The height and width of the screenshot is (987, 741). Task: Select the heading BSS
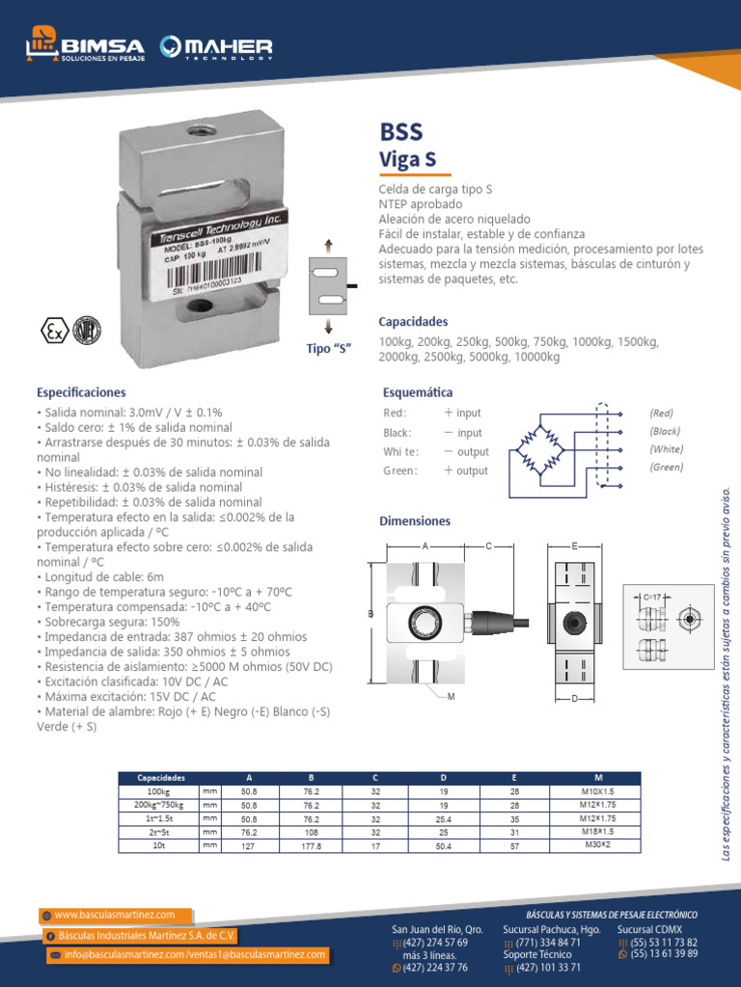(401, 131)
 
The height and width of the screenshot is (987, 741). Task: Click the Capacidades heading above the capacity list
(413, 321)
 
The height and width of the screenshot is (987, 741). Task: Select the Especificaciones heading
(81, 392)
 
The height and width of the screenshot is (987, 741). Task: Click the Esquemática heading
(418, 392)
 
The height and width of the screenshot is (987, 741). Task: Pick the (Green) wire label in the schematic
(666, 467)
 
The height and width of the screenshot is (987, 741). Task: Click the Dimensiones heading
(415, 520)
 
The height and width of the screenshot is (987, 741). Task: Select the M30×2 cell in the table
(598, 844)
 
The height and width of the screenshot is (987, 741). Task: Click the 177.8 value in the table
(312, 845)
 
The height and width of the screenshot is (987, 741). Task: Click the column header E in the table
(515, 777)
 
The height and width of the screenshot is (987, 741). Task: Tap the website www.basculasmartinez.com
(115, 915)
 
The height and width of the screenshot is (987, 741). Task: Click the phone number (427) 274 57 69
(435, 942)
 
